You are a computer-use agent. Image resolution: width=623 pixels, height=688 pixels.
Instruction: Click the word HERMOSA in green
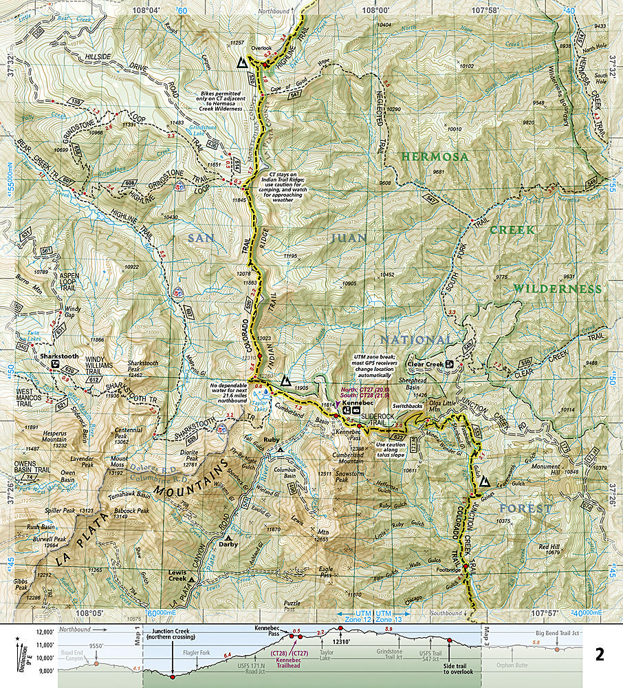tap(435, 157)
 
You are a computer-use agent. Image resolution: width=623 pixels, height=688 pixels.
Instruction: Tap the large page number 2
tap(599, 654)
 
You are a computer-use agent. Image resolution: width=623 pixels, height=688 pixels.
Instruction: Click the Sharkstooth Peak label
tap(145, 371)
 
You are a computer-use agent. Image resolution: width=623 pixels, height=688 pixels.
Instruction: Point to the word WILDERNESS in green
tap(557, 289)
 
